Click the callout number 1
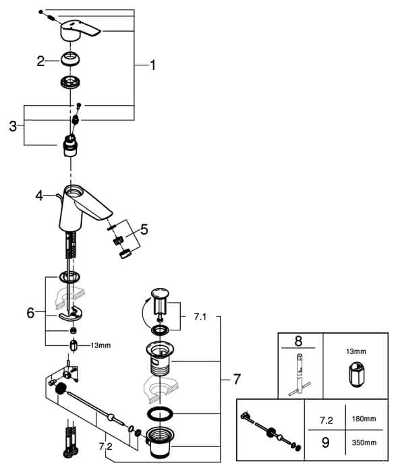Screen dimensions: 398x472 (153, 65)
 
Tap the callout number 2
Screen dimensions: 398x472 (40, 61)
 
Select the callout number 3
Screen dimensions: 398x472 (13, 126)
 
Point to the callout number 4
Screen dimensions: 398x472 (39, 196)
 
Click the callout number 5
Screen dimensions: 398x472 (144, 229)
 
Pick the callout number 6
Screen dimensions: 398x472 (31, 313)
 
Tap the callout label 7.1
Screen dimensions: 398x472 (200, 316)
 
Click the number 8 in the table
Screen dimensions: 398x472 (298, 341)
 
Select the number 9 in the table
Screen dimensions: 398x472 (325, 442)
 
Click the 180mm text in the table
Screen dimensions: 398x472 (364, 419)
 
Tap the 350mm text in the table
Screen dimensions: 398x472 (364, 442)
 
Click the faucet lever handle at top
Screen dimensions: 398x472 (80, 31)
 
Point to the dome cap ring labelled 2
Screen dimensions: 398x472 (70, 59)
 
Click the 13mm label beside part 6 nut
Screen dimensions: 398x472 (101, 345)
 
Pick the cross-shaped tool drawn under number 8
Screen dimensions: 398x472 (300, 374)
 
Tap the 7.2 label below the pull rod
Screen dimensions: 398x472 (105, 446)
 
